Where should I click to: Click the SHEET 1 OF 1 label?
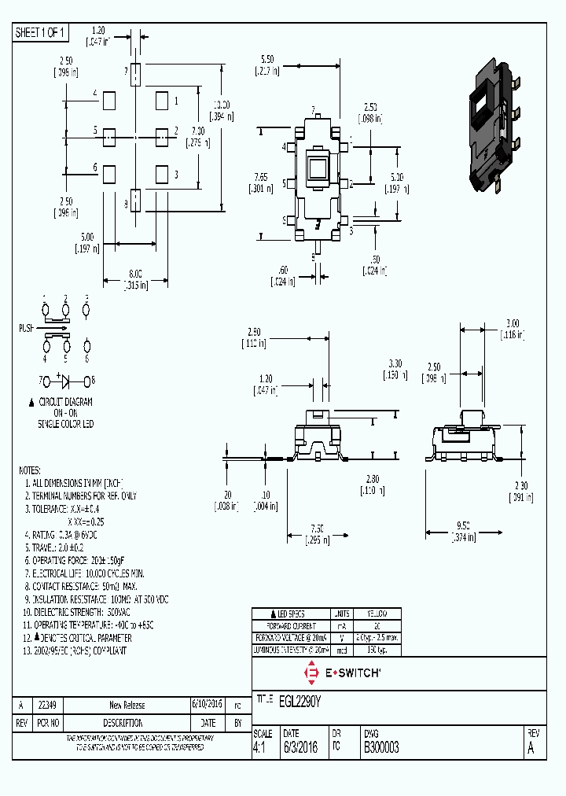[41, 32]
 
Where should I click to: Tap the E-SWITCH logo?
[343, 673]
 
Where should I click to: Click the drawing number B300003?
[380, 748]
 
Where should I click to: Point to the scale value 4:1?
[259, 748]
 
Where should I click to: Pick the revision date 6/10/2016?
[208, 705]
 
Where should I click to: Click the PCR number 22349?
[48, 705]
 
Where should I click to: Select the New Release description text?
[127, 705]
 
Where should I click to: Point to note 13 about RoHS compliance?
[75, 650]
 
